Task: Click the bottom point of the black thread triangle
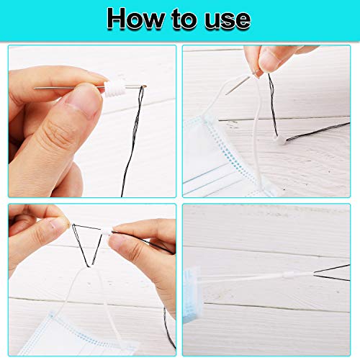(x=86, y=266)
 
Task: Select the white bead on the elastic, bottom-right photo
(x=288, y=275)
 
